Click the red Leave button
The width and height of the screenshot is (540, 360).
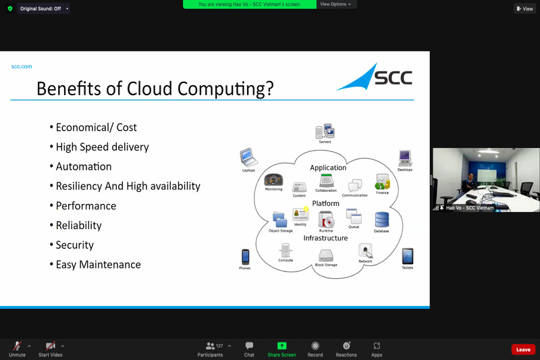click(523, 349)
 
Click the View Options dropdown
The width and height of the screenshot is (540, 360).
click(336, 4)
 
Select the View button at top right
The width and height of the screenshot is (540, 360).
click(524, 9)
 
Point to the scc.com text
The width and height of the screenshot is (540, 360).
click(22, 66)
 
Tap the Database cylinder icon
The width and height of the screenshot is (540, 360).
click(381, 220)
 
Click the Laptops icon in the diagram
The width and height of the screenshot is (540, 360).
click(248, 158)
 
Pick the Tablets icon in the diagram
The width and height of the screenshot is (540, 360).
click(407, 257)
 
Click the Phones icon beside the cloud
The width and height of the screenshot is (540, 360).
click(246, 257)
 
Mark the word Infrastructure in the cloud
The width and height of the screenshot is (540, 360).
click(325, 238)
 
